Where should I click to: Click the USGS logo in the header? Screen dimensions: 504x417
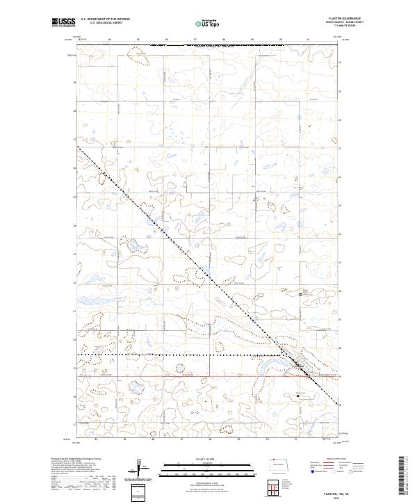(63, 23)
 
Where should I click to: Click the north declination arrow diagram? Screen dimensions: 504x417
(141, 470)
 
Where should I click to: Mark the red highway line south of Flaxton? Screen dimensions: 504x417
(208, 376)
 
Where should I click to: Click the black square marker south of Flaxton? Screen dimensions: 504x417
(297, 396)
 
